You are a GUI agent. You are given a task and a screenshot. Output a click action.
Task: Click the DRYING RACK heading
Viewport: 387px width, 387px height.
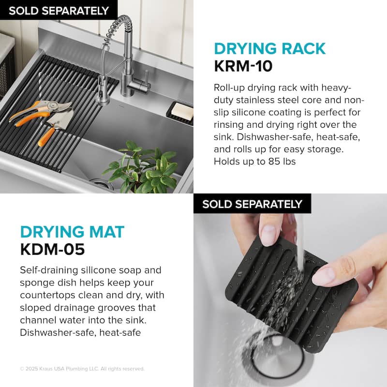tap(270, 48)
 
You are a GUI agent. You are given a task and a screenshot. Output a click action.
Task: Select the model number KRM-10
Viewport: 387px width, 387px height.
tap(243, 66)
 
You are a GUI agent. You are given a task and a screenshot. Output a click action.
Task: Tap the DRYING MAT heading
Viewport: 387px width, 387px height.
tap(72, 232)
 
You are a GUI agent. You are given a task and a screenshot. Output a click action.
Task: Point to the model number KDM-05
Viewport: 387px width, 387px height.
tap(52, 249)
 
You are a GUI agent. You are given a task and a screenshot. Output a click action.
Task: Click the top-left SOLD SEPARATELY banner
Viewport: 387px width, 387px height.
tap(59, 11)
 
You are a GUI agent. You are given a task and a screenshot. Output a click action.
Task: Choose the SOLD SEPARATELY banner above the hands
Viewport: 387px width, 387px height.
tap(252, 204)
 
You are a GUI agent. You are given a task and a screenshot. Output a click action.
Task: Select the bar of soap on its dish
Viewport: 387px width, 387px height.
tap(182, 111)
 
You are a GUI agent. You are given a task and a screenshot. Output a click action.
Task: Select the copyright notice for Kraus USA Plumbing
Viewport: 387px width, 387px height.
tap(82, 369)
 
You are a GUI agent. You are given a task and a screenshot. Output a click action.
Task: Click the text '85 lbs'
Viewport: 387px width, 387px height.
tap(282, 162)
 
